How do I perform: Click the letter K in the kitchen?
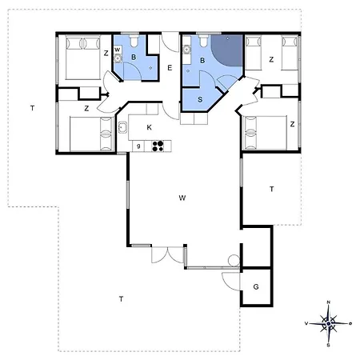click(150, 127)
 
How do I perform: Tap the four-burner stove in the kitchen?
click(158, 146)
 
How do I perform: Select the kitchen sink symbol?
click(122, 127)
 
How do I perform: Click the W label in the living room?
click(182, 198)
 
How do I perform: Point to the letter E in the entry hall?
click(170, 68)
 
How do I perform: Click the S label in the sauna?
click(200, 99)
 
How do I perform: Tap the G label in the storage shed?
click(256, 287)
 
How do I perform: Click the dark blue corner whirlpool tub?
click(229, 50)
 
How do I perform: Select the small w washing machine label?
click(117, 50)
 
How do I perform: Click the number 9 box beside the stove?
click(138, 146)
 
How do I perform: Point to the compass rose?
click(329, 323)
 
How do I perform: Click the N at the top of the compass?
click(329, 302)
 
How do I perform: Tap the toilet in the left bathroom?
click(134, 41)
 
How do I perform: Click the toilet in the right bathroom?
click(204, 41)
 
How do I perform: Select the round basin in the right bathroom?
click(187, 50)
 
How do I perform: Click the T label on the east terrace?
click(271, 189)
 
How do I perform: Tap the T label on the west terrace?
click(32, 108)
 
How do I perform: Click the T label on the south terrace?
click(121, 299)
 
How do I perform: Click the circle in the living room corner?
click(234, 260)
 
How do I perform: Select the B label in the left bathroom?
click(134, 57)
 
